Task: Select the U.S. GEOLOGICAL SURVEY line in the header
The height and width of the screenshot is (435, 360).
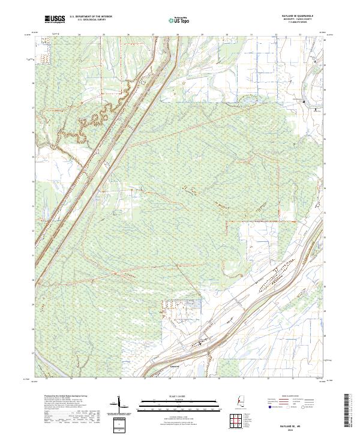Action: (x=91, y=21)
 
